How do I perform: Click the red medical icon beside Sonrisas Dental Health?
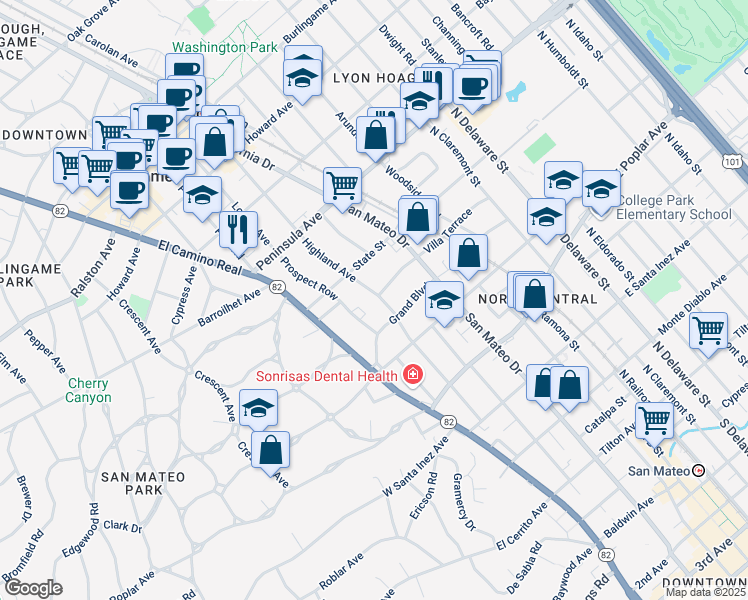412,375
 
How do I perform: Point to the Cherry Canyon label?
89,390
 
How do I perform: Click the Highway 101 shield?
731,160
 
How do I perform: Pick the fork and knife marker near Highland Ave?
238,229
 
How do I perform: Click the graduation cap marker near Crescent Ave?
258,407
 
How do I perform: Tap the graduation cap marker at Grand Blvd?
444,298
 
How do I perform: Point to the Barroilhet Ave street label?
229,302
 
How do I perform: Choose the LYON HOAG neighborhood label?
372,76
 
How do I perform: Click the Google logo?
33,588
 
